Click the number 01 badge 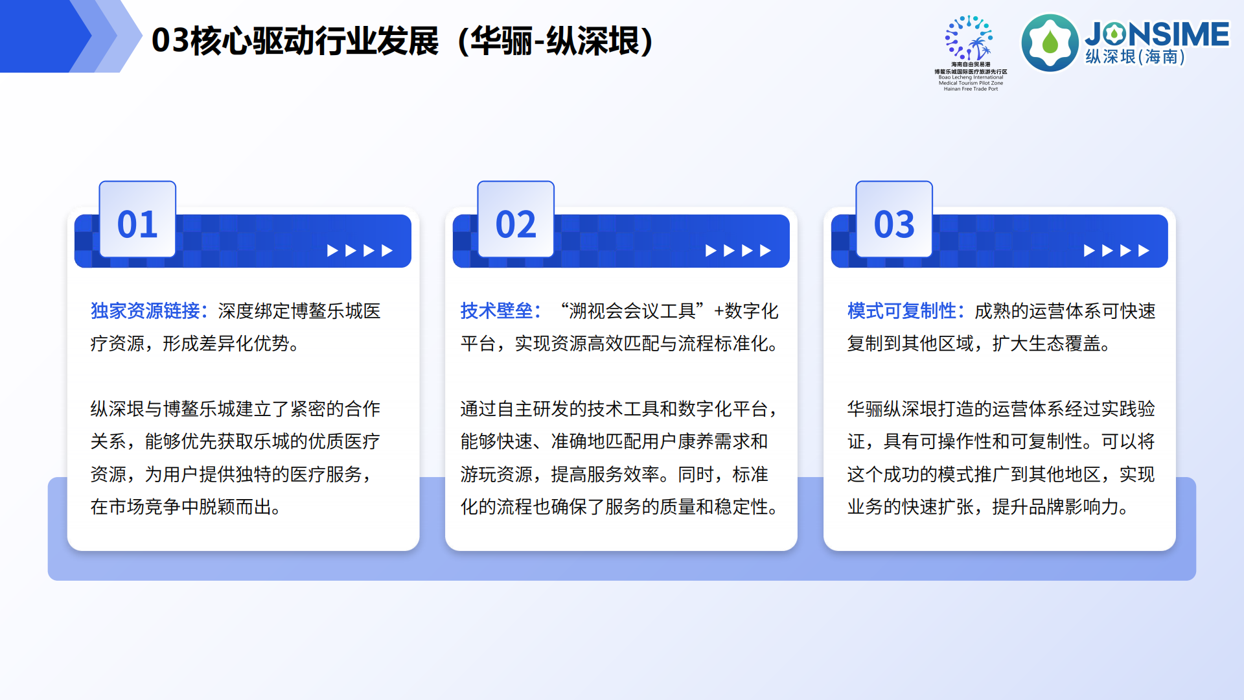pyautogui.click(x=137, y=224)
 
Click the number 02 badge pyautogui.click(x=516, y=224)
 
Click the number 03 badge pyautogui.click(x=894, y=224)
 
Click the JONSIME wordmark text pyautogui.click(x=1157, y=34)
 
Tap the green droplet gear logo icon pyautogui.click(x=1050, y=43)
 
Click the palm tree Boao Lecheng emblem pyautogui.click(x=970, y=39)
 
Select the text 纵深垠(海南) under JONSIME pyautogui.click(x=1135, y=57)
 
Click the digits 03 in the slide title pyautogui.click(x=170, y=41)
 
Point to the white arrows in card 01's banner pyautogui.click(x=360, y=251)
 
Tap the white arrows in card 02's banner pyautogui.click(x=738, y=251)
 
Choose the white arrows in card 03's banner pyautogui.click(x=1116, y=251)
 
